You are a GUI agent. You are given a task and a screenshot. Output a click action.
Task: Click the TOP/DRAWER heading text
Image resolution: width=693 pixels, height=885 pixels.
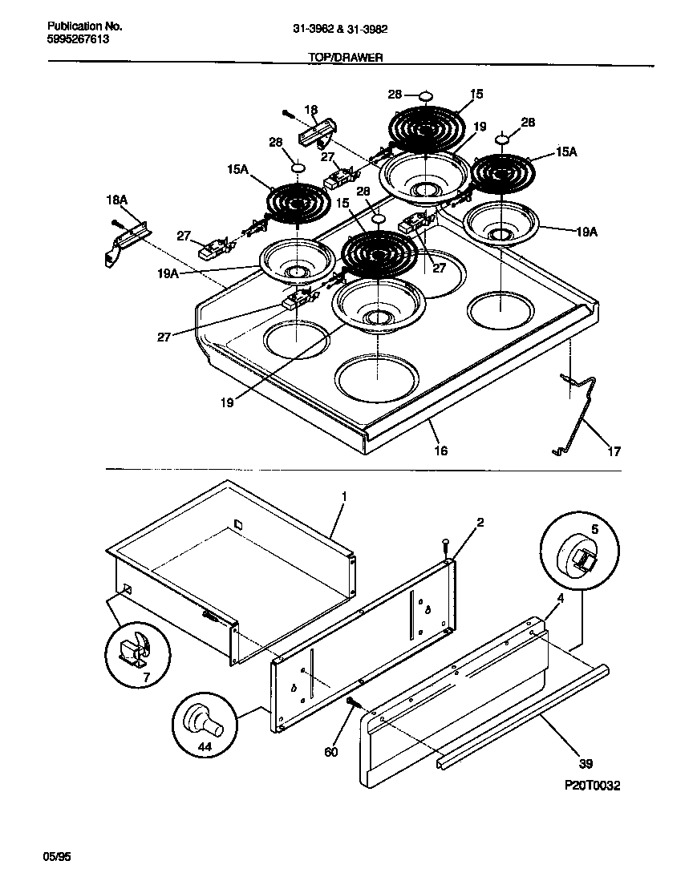[346, 58]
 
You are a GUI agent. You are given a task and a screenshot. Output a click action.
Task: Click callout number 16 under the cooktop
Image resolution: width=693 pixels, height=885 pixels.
[440, 451]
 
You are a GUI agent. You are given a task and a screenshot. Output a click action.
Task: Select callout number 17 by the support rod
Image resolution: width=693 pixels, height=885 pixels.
[614, 451]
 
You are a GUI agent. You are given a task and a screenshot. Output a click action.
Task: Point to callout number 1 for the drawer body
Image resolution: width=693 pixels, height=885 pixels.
[343, 497]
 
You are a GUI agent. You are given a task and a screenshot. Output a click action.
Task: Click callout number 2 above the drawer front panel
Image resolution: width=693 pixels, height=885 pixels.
[480, 523]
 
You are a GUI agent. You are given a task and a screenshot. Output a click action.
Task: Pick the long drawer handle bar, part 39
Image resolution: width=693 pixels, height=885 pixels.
[521, 717]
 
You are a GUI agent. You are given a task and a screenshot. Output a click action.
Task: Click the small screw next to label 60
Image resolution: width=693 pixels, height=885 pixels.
[352, 702]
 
